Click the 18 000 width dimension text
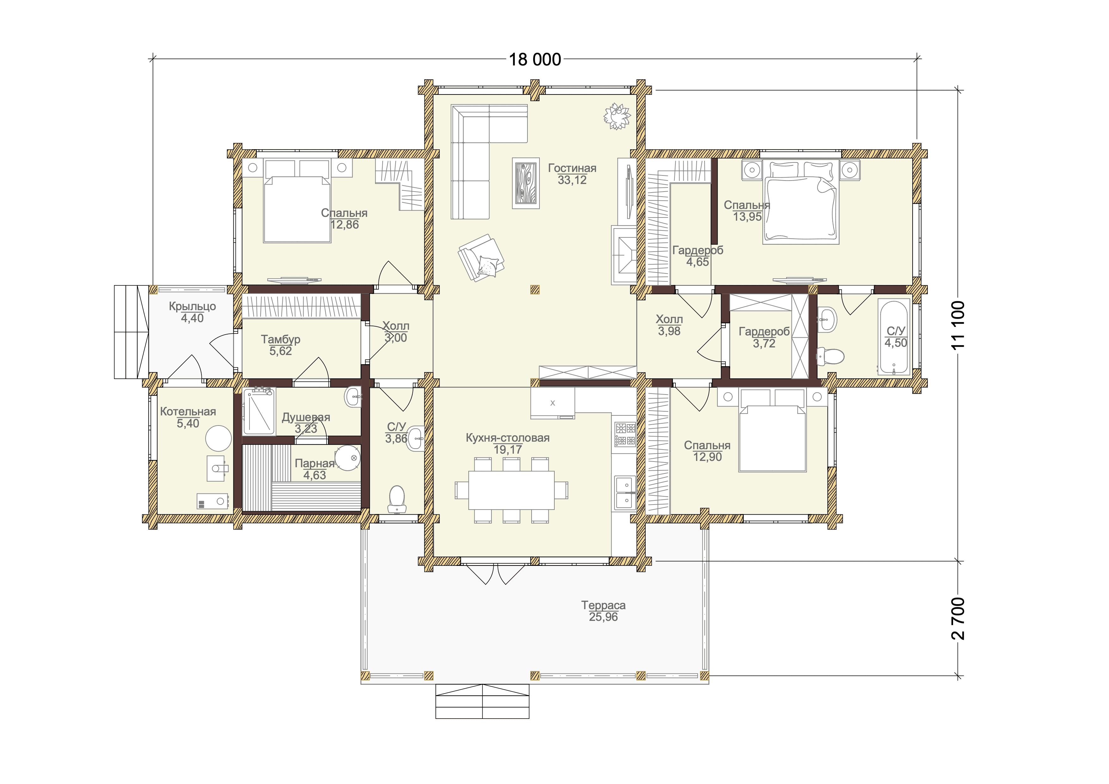click(535, 59)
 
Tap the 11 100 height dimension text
click(958, 325)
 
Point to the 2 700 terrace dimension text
click(958, 618)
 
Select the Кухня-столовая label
click(508, 438)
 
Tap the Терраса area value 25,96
click(603, 617)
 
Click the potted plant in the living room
click(617, 116)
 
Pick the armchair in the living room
click(481, 258)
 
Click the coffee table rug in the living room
click(526, 183)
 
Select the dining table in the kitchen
click(512, 490)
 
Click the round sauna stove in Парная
click(348, 458)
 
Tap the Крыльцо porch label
click(192, 306)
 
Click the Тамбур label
click(280, 340)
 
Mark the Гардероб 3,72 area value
click(764, 343)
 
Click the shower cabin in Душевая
click(259, 412)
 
